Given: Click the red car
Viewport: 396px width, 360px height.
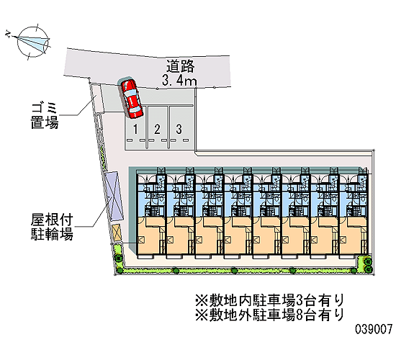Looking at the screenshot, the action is coord(131,99).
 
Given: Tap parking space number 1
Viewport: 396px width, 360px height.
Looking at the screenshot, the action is coord(135,130).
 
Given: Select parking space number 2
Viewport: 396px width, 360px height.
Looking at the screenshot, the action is coord(158,130).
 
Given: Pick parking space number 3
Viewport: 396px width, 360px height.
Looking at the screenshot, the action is coord(179,129).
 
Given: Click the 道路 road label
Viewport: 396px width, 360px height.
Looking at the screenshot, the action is coord(180,66).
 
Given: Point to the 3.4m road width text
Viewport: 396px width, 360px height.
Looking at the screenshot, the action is coord(179,81).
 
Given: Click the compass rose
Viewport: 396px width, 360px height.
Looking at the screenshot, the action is coord(33,42).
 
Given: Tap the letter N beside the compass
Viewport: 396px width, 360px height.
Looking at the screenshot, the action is coord(9,34).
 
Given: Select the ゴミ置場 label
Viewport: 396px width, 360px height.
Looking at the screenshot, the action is coord(45,116).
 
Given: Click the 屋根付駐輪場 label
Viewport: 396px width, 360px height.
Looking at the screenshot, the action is coord(52,227).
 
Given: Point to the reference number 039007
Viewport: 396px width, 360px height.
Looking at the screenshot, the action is coord(374,329).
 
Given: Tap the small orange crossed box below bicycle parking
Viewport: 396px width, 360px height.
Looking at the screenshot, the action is coord(117,233).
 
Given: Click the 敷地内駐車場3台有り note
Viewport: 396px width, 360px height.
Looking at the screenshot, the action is coord(270,300).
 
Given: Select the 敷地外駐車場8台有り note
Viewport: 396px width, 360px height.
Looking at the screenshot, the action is coord(270,315).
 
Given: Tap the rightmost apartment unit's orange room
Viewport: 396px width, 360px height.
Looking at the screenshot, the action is coord(353,235).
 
